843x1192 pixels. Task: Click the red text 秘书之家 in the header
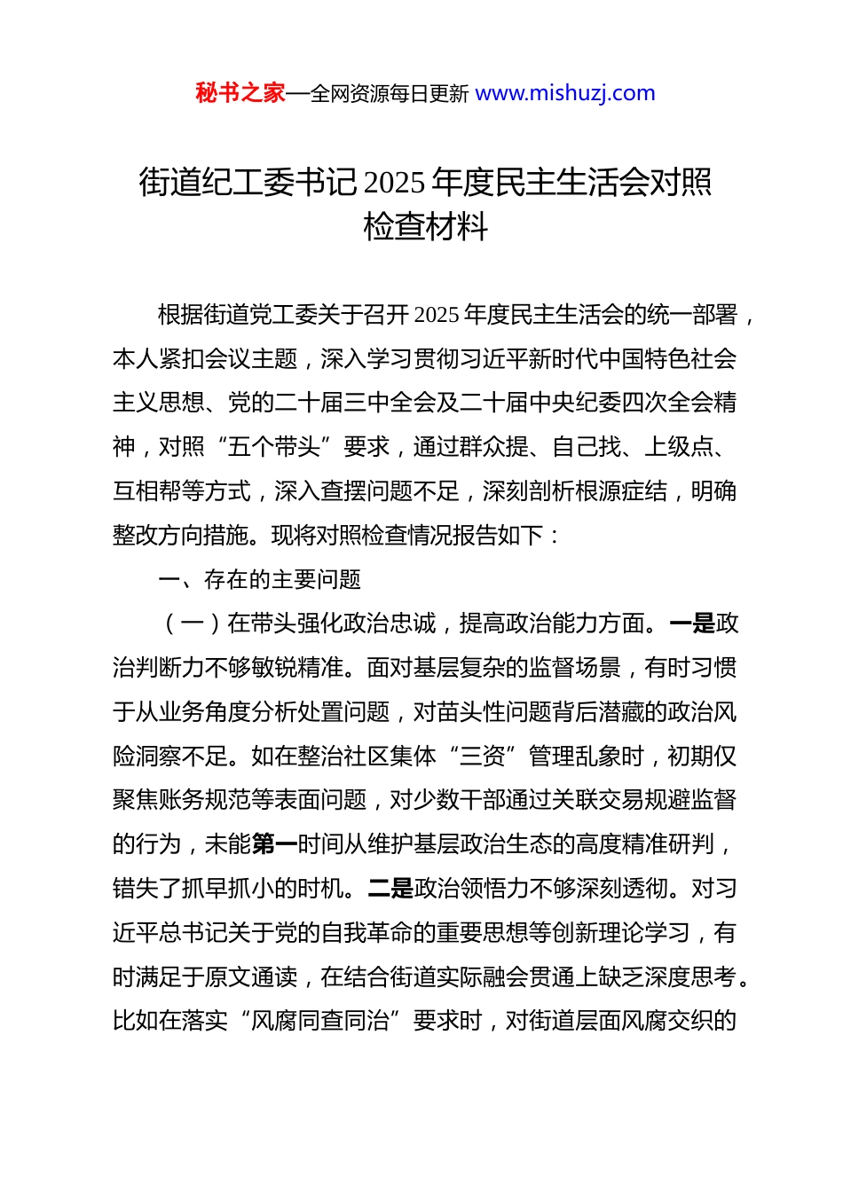[x=240, y=93]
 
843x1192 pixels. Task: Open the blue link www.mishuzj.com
[x=565, y=93]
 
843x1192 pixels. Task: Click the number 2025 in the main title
[x=395, y=183]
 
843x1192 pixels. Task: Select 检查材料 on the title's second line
[x=425, y=227]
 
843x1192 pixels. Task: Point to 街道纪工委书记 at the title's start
[x=248, y=183]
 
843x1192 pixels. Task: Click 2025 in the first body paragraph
[x=437, y=315]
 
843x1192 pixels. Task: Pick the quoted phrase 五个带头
[x=274, y=447]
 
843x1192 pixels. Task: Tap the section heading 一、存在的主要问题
[x=259, y=580]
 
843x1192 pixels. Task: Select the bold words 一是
[x=692, y=623]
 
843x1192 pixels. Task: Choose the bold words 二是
[x=391, y=889]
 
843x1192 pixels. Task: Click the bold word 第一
[x=274, y=844]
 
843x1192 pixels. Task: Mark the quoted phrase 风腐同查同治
[x=320, y=1021]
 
